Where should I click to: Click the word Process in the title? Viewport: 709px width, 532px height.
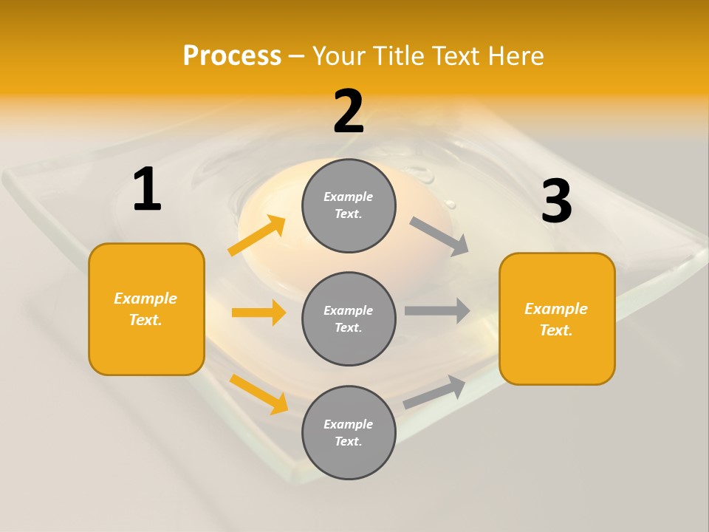[232, 55]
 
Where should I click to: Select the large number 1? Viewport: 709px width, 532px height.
[147, 190]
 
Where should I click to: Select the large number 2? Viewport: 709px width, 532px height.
[349, 112]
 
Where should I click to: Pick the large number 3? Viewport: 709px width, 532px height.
[556, 202]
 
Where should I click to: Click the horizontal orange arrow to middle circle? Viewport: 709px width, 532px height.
[258, 313]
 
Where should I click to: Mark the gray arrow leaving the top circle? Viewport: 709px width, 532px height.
[439, 236]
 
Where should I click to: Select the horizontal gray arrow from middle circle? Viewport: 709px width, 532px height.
[437, 310]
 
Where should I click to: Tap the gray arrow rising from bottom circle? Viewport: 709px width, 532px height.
[435, 392]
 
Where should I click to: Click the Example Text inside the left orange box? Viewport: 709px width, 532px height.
[145, 309]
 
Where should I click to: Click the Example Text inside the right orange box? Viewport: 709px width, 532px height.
[556, 319]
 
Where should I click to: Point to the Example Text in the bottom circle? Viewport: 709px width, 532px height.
[349, 432]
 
